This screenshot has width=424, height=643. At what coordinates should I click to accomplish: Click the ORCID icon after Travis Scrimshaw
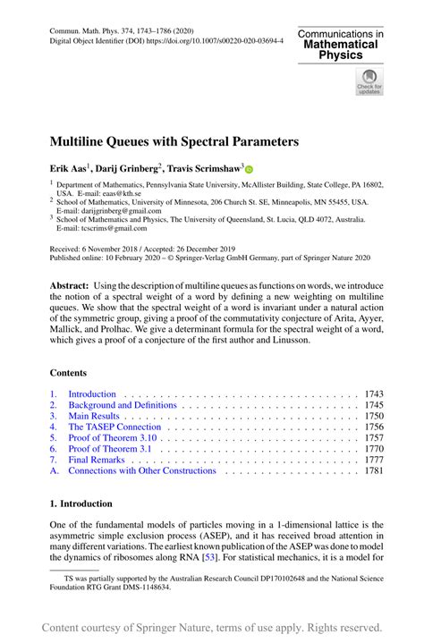coord(250,168)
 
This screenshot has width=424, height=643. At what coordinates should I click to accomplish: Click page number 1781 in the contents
coord(373,470)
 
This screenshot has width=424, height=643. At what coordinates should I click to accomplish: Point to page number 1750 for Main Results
coord(373,417)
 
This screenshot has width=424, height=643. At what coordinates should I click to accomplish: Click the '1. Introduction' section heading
coord(81,503)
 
